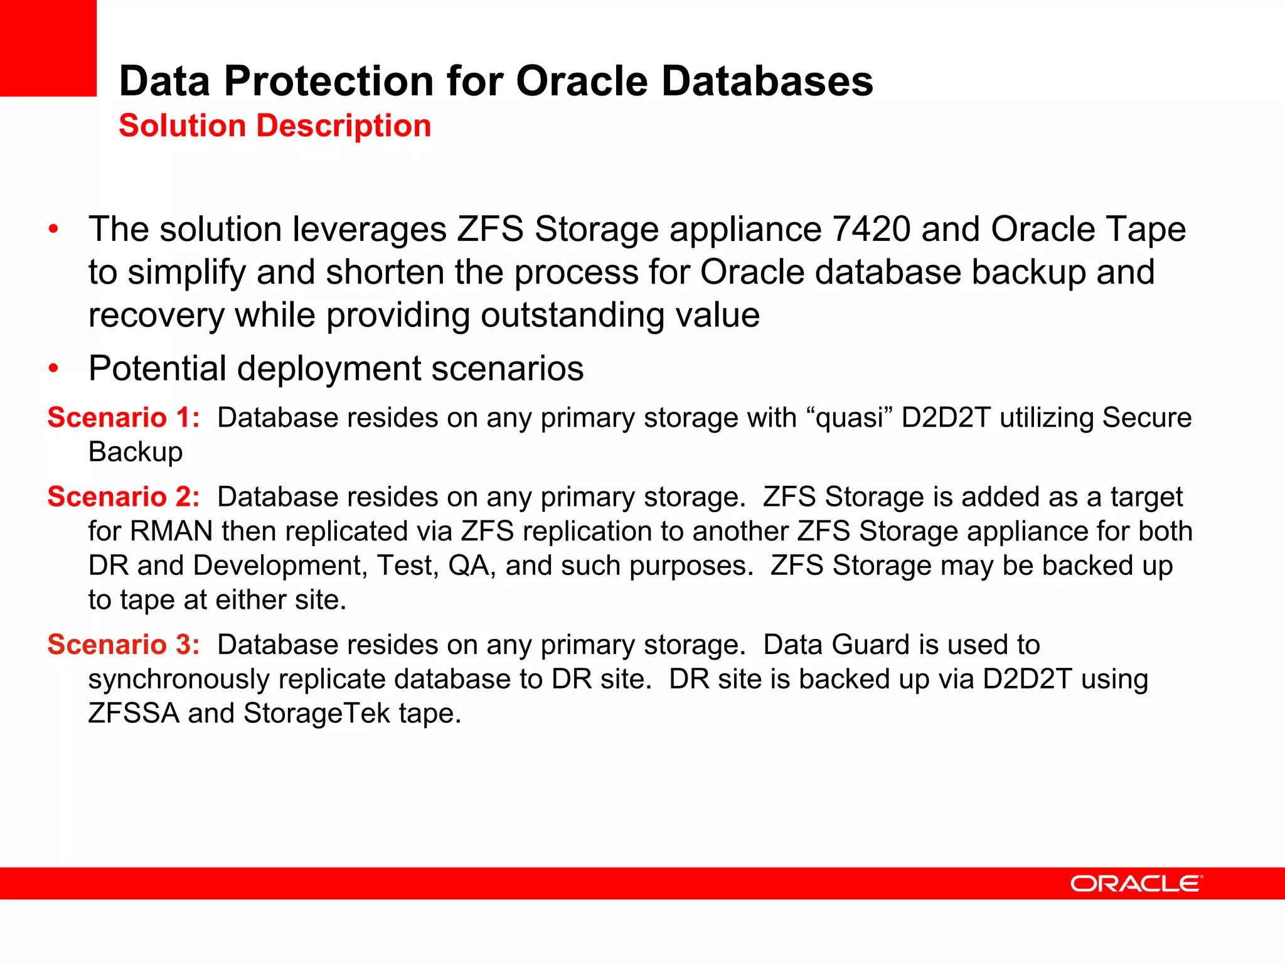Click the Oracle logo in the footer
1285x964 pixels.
[1136, 884]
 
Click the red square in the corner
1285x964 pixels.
[48, 48]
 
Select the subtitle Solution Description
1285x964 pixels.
[275, 126]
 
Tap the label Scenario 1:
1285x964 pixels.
[124, 417]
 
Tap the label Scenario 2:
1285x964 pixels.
[124, 496]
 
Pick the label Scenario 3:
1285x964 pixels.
[124, 645]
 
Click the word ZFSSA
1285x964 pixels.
[134, 714]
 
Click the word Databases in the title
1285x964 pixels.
[767, 82]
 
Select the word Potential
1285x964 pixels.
[157, 368]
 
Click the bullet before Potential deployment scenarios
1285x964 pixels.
[54, 368]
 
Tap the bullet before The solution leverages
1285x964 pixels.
[54, 229]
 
